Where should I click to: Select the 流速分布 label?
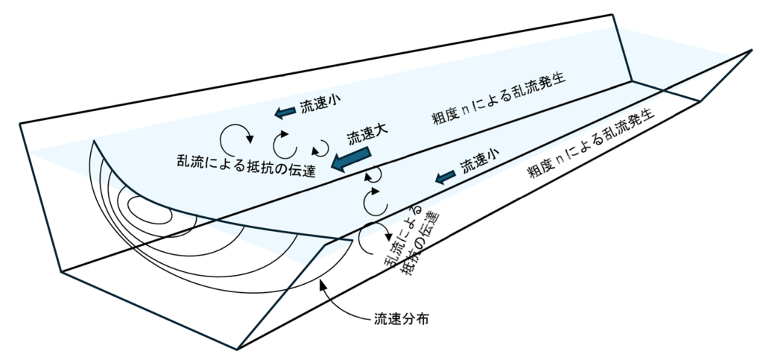pos(400,321)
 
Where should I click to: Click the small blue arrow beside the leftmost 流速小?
pos(285,112)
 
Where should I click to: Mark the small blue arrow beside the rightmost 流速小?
pos(446,176)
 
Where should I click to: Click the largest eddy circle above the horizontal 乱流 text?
pos(238,137)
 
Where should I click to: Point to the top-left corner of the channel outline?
pos(20,124)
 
